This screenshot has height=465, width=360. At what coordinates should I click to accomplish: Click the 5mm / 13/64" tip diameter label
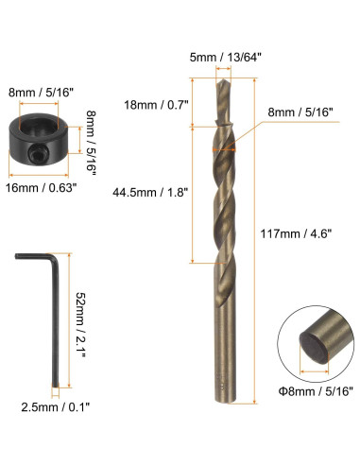click(x=226, y=58)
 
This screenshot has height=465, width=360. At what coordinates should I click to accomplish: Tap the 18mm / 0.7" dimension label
click(x=156, y=105)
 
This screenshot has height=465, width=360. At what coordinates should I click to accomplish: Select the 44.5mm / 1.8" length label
click(x=150, y=192)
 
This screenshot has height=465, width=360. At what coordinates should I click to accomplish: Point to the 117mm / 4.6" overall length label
click(x=296, y=233)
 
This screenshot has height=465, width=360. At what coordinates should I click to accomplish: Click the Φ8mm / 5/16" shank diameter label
click(x=315, y=391)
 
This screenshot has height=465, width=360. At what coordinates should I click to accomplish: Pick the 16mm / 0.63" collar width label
click(x=42, y=188)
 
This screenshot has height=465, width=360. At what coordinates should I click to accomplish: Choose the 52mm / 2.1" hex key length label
click(x=80, y=324)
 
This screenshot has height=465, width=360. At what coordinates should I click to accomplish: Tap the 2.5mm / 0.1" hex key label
click(x=56, y=407)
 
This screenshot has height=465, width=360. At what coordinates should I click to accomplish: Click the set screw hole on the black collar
click(x=38, y=154)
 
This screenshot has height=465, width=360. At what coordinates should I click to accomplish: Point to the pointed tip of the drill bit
click(x=223, y=79)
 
